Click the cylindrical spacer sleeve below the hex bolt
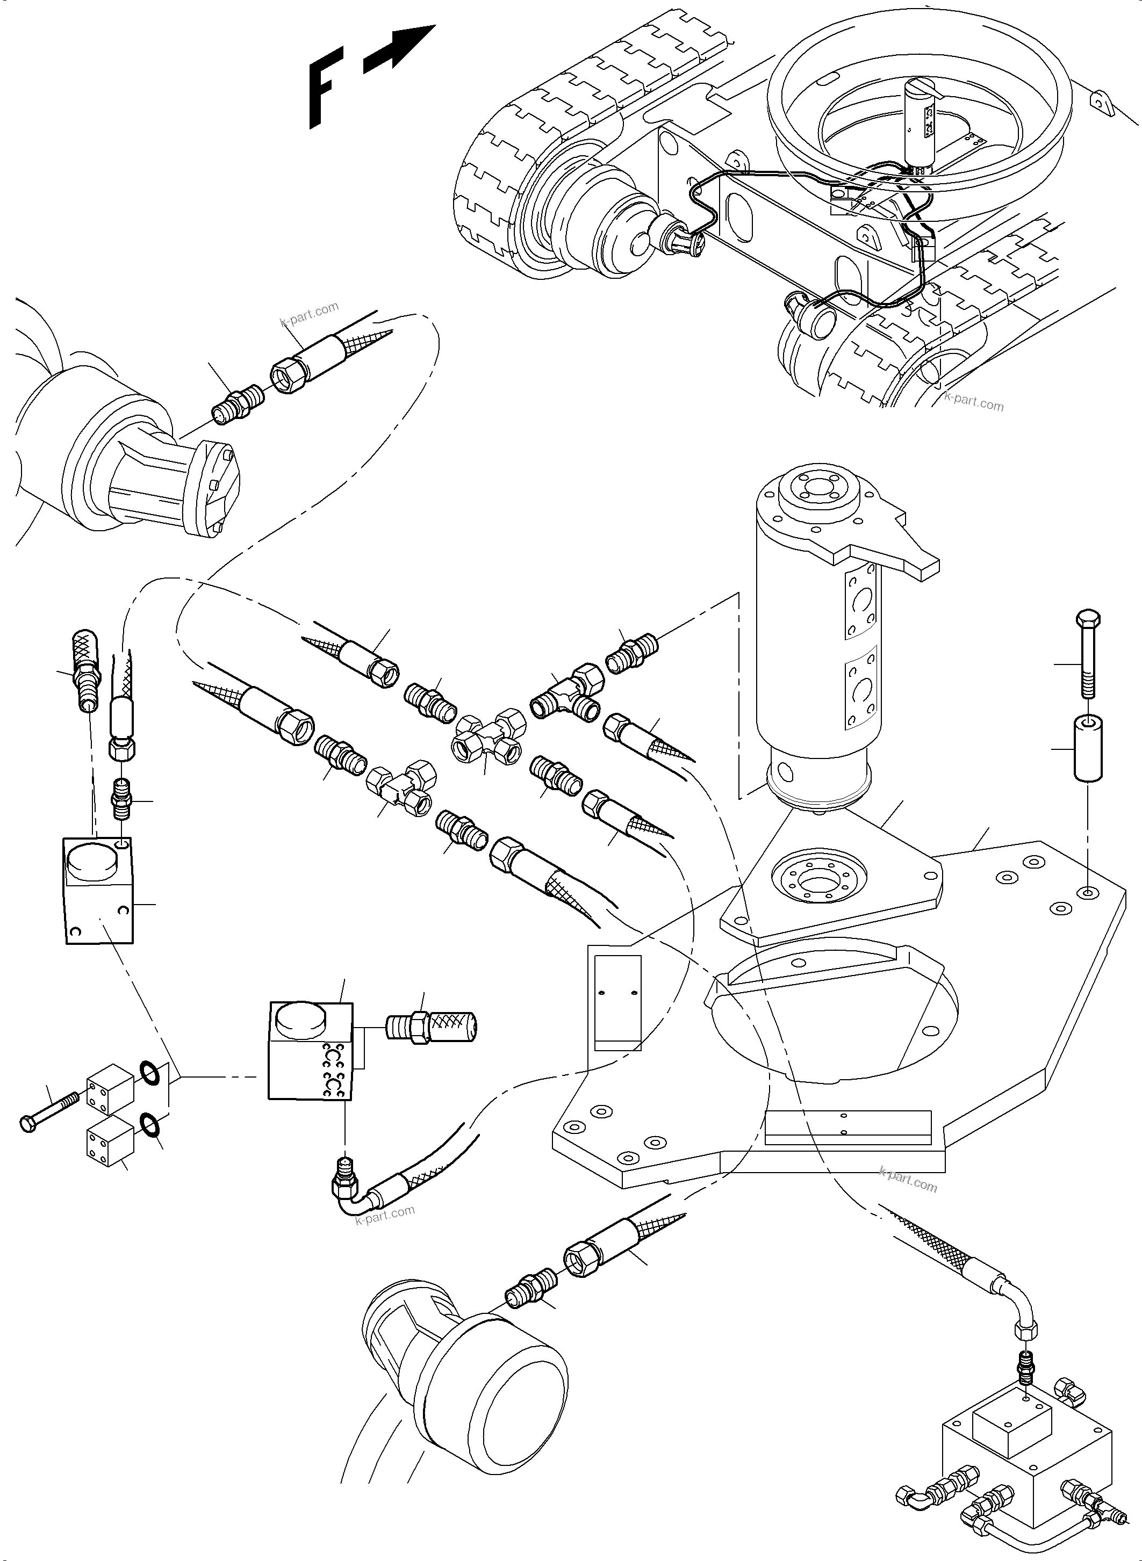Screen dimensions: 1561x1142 1087,749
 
